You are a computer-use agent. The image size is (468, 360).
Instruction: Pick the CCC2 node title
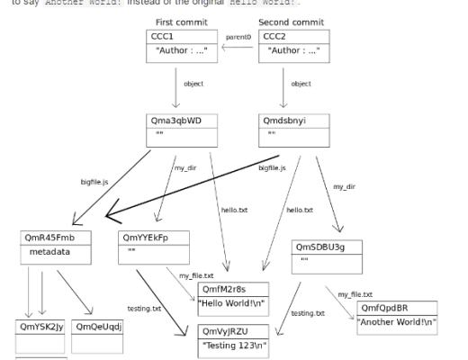[274, 36]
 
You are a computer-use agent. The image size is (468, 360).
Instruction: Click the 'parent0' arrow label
[238, 37]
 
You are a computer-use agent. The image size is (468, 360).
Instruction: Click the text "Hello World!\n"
[233, 303]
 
